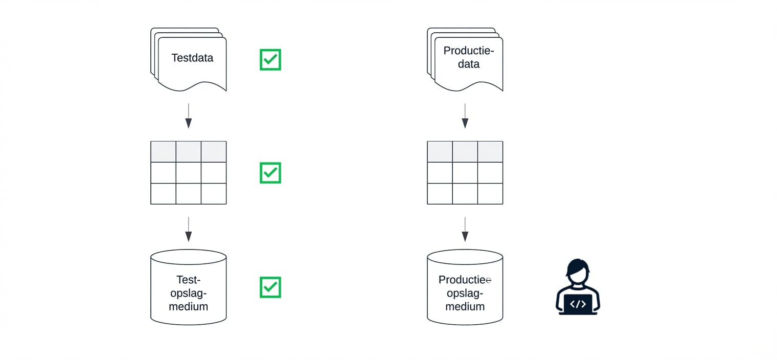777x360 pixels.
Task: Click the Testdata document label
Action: tap(192, 58)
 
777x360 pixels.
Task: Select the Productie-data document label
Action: tap(468, 57)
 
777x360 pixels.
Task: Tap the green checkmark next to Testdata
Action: tap(270, 60)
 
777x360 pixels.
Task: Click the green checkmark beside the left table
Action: tap(270, 173)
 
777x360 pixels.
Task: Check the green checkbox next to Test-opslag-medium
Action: tap(270, 287)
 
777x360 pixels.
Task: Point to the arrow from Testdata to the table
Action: tap(189, 116)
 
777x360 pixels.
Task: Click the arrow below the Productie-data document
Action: tap(465, 116)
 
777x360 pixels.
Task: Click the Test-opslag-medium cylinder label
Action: tap(189, 293)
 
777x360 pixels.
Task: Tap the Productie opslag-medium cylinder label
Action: tap(465, 293)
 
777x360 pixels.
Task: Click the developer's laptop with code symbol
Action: tap(578, 304)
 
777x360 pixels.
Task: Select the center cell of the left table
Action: tap(189, 173)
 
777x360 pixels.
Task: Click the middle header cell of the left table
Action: tap(189, 152)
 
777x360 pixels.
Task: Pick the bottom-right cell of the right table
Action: tap(490, 194)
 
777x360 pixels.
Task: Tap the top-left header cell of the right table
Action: tap(440, 152)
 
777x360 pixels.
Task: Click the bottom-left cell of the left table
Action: tap(163, 194)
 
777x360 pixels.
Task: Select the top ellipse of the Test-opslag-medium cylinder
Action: tap(189, 257)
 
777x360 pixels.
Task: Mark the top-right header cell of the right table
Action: tap(490, 152)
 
